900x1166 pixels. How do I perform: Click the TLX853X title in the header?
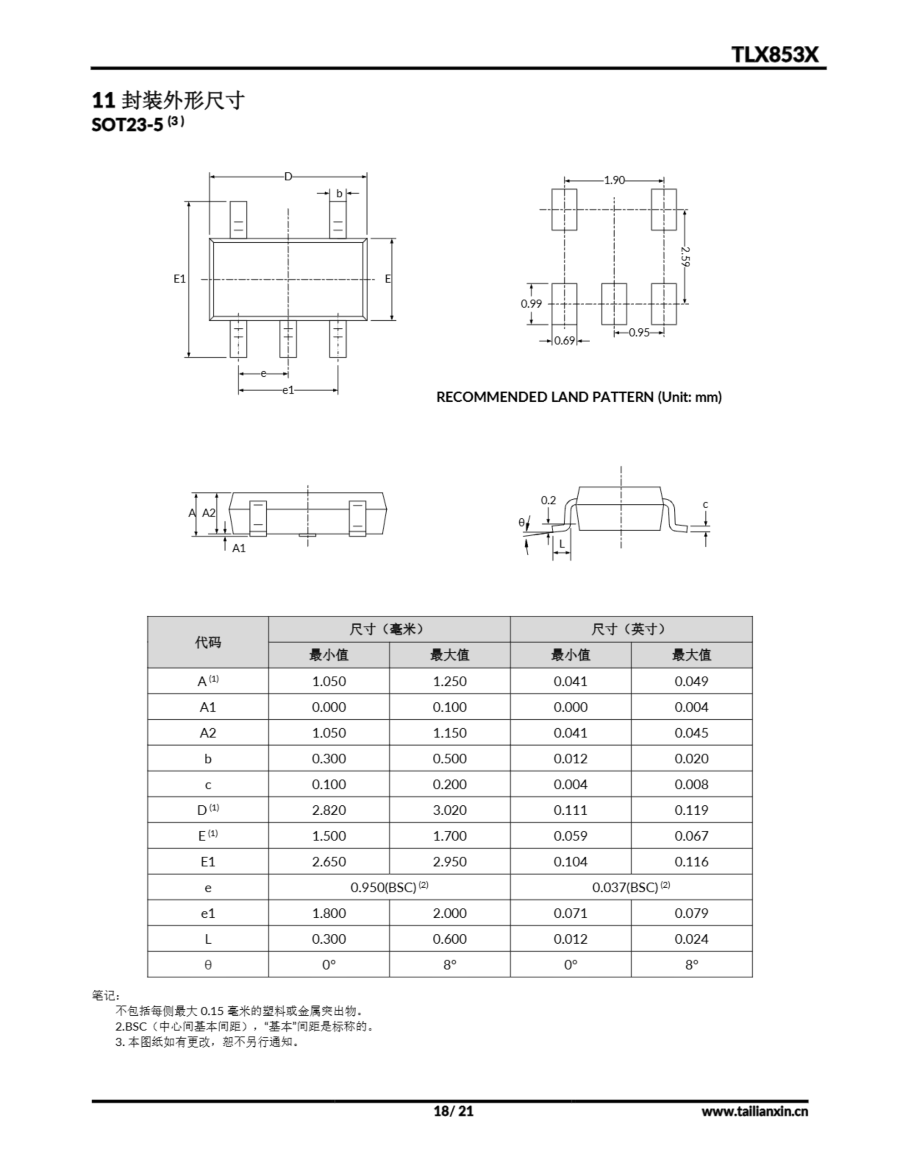[774, 55]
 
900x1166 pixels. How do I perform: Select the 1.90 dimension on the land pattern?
[614, 180]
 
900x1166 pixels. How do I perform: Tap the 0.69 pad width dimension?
[565, 341]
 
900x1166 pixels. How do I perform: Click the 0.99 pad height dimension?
[531, 304]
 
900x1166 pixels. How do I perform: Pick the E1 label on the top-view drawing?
[179, 279]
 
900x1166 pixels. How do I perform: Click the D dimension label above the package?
[288, 177]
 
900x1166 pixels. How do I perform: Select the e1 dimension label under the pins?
[288, 390]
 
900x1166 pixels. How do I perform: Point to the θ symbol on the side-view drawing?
[521, 523]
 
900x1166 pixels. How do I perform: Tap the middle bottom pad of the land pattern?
[614, 304]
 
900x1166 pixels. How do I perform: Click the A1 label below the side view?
[239, 548]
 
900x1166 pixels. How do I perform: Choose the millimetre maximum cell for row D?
[449, 810]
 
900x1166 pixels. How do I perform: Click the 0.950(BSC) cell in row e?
[389, 887]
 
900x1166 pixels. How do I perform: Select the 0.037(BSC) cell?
[631, 887]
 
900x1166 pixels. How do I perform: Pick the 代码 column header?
[207, 642]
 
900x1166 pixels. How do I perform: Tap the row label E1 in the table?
[207, 862]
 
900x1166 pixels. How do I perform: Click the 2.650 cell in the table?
[329, 862]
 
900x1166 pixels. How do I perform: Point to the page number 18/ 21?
[454, 1111]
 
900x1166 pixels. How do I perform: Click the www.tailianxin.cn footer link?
[754, 1111]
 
